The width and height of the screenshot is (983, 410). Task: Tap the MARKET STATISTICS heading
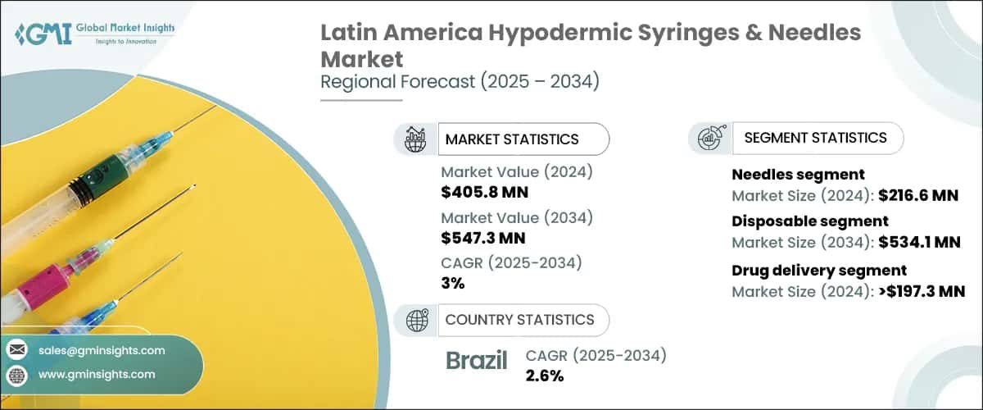tap(511, 139)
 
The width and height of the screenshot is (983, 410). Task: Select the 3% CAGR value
tap(453, 283)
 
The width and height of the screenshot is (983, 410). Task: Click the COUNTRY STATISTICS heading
tap(519, 320)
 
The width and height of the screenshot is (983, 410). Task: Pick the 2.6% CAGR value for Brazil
tap(544, 376)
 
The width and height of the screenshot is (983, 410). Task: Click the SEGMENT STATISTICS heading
tap(815, 138)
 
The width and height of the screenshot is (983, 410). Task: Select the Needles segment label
tap(786, 175)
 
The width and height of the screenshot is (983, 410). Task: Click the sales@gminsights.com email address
tap(102, 350)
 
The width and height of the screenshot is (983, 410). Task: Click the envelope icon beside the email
tap(16, 350)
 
